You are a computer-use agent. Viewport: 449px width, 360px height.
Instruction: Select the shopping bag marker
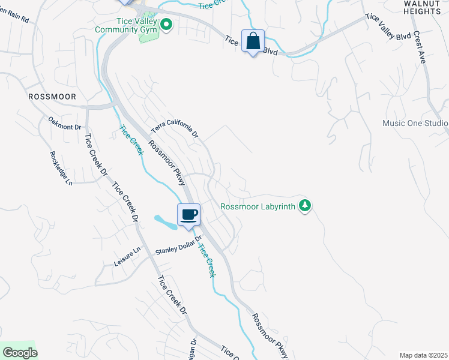tap(253, 42)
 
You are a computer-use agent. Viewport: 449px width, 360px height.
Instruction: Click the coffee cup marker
tap(188, 215)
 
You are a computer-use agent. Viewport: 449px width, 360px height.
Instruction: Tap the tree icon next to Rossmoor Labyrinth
tap(306, 206)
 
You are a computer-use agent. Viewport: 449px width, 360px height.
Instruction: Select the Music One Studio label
tap(415, 124)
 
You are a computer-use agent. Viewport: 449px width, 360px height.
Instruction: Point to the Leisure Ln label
tap(127, 257)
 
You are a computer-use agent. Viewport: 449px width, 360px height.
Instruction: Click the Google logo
tap(19, 353)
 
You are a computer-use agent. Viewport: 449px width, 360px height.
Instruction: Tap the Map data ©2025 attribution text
tap(423, 355)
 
